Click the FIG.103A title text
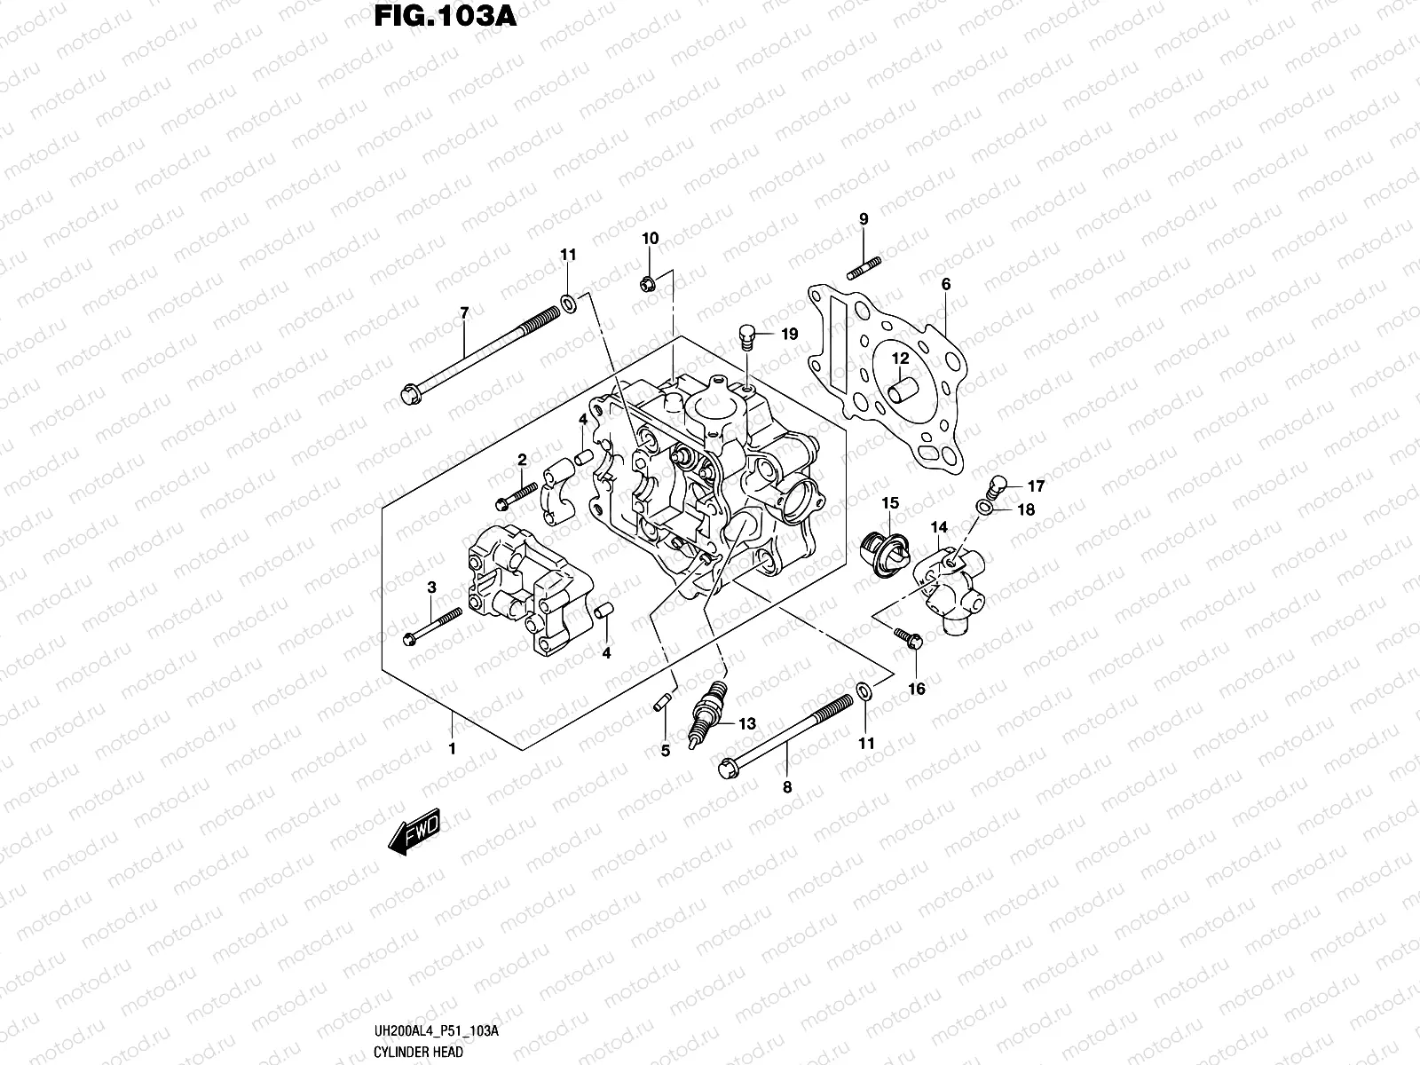(x=439, y=18)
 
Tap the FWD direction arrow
(x=414, y=833)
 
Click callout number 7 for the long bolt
(x=463, y=312)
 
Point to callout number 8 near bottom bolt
(x=787, y=786)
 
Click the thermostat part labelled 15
(x=888, y=556)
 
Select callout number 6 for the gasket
(x=946, y=284)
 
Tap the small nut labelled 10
(x=647, y=284)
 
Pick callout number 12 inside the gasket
(x=901, y=359)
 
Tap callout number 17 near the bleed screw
(x=1036, y=486)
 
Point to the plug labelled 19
(x=748, y=335)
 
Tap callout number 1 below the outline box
(x=452, y=748)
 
